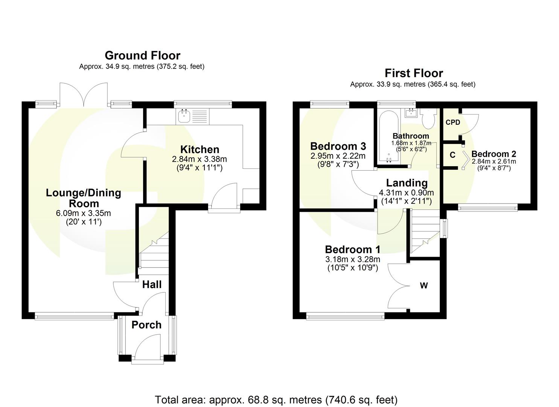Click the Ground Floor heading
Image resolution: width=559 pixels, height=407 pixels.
point(142,55)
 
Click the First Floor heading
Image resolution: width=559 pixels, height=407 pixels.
point(413,73)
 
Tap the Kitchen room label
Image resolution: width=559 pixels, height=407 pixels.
point(200,149)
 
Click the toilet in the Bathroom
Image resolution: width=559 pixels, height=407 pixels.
point(428,120)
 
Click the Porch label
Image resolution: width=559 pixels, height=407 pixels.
point(146,325)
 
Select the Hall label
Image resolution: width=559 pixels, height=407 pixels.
point(152,285)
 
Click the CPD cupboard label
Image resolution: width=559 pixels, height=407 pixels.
point(453,122)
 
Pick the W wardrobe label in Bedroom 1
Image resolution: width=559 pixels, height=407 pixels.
point(424,286)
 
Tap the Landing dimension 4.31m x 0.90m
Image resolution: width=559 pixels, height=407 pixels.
point(406,193)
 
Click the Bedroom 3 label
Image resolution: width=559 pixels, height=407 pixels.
point(338,146)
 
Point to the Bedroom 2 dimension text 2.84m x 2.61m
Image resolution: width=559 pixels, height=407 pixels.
point(494,161)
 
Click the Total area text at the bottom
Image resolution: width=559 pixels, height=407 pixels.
point(276,399)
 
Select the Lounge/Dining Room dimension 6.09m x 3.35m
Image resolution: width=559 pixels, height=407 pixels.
point(83,213)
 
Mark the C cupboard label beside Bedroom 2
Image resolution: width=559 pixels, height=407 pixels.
point(452,155)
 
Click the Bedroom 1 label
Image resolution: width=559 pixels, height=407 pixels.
point(352,249)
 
